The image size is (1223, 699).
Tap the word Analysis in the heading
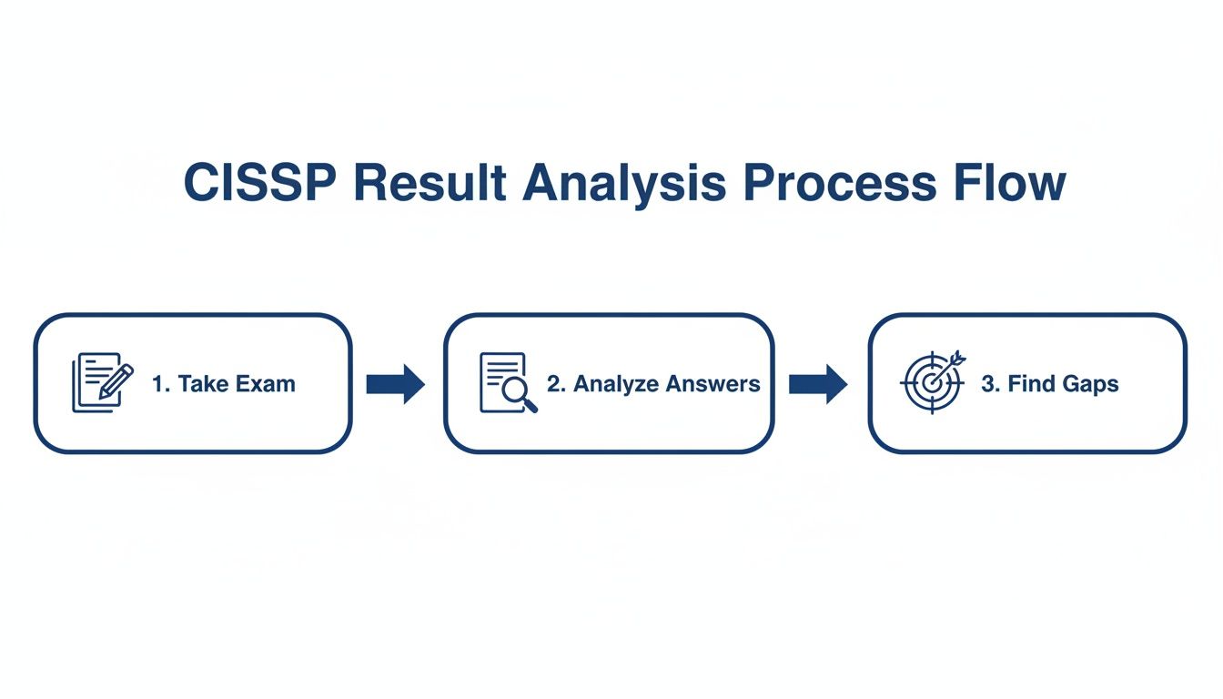624,184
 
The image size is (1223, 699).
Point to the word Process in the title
838,184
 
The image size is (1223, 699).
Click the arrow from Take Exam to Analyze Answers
395,383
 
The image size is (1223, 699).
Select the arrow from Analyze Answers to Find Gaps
817,383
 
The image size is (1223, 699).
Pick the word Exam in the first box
265,384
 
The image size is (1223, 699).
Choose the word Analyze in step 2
614,384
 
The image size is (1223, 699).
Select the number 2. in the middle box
556,384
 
